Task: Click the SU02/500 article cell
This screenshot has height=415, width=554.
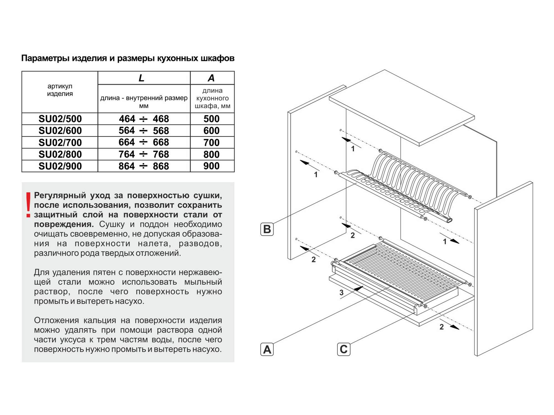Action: click(60, 119)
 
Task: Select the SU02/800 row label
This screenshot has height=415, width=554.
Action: click(60, 154)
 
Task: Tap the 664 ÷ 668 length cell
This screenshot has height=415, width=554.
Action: click(144, 142)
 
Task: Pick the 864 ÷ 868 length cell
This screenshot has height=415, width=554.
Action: click(144, 166)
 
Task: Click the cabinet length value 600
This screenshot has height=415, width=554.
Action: click(211, 131)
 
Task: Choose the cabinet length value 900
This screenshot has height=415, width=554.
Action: click(211, 166)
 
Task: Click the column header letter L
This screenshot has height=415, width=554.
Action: click(141, 78)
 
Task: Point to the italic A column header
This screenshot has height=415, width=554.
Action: click(211, 78)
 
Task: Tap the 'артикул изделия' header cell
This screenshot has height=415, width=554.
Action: click(60, 90)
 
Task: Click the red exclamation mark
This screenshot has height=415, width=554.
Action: click(28, 205)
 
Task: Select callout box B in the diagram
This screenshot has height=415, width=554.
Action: click(267, 229)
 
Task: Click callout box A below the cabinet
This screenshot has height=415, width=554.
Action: click(267, 349)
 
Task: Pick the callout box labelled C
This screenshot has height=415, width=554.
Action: click(343, 349)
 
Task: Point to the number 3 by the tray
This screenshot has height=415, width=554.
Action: click(341, 293)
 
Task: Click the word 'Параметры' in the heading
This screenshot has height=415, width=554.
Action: click(45, 58)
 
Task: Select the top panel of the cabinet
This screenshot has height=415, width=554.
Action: click(402, 108)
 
